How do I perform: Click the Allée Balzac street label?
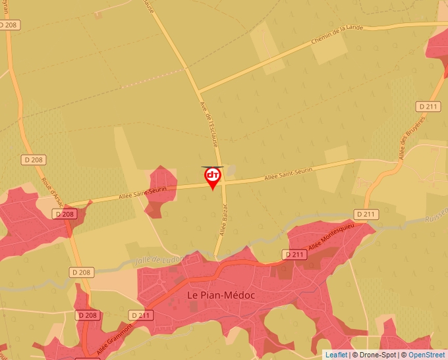tap(223, 220)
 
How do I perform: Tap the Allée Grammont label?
tap(114, 340)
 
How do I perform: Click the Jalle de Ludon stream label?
tap(158, 259)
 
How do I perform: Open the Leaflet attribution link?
tap(336, 355)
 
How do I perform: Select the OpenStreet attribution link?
tap(426, 355)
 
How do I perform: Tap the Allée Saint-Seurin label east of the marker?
tap(288, 174)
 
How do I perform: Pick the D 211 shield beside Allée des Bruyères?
tap(428, 106)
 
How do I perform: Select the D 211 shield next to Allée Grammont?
tap(141, 315)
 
